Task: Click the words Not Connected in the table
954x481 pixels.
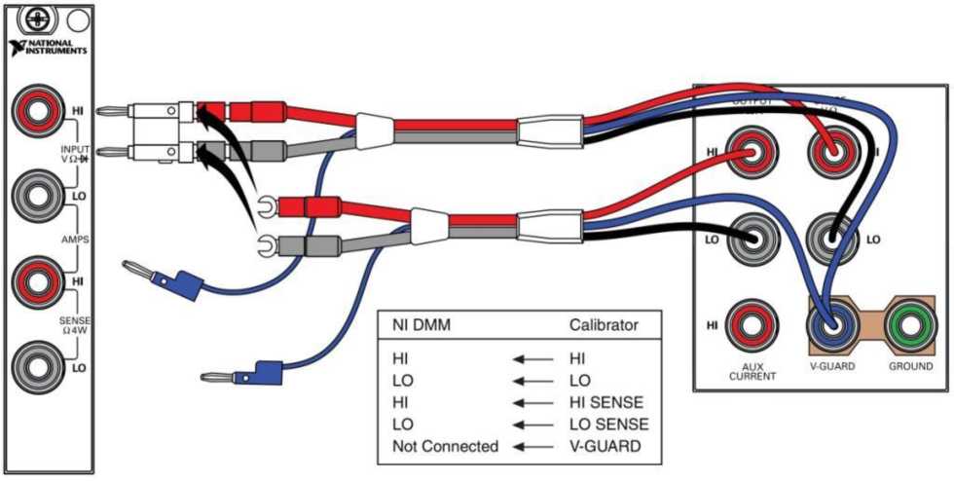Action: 445,446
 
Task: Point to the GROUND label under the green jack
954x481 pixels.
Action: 910,368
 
